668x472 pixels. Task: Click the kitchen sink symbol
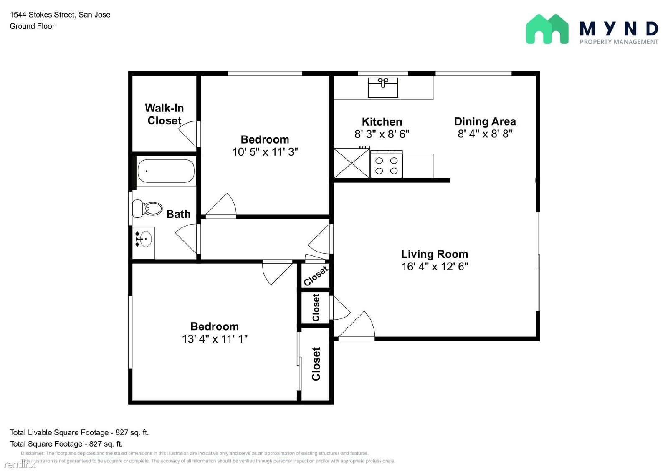point(383,87)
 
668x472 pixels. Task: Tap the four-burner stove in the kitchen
point(387,164)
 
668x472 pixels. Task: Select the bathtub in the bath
point(166,171)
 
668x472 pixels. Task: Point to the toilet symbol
point(147,208)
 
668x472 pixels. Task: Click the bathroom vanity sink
point(144,239)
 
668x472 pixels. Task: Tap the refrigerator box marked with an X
point(352,162)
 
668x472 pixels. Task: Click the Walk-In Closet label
point(164,114)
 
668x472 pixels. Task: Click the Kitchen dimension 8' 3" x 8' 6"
point(382,134)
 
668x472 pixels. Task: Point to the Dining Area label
point(485,121)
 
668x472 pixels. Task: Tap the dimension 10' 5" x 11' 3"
point(265,152)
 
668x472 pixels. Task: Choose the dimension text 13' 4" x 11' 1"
point(215,339)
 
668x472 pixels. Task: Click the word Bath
point(178,214)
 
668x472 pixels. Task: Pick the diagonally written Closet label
point(316,276)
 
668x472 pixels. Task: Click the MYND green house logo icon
point(547,29)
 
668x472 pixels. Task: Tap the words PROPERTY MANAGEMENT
point(619,42)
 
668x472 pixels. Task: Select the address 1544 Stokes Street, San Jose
point(60,15)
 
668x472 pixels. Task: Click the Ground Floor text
point(32,26)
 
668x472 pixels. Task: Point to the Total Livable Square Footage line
point(79,432)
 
